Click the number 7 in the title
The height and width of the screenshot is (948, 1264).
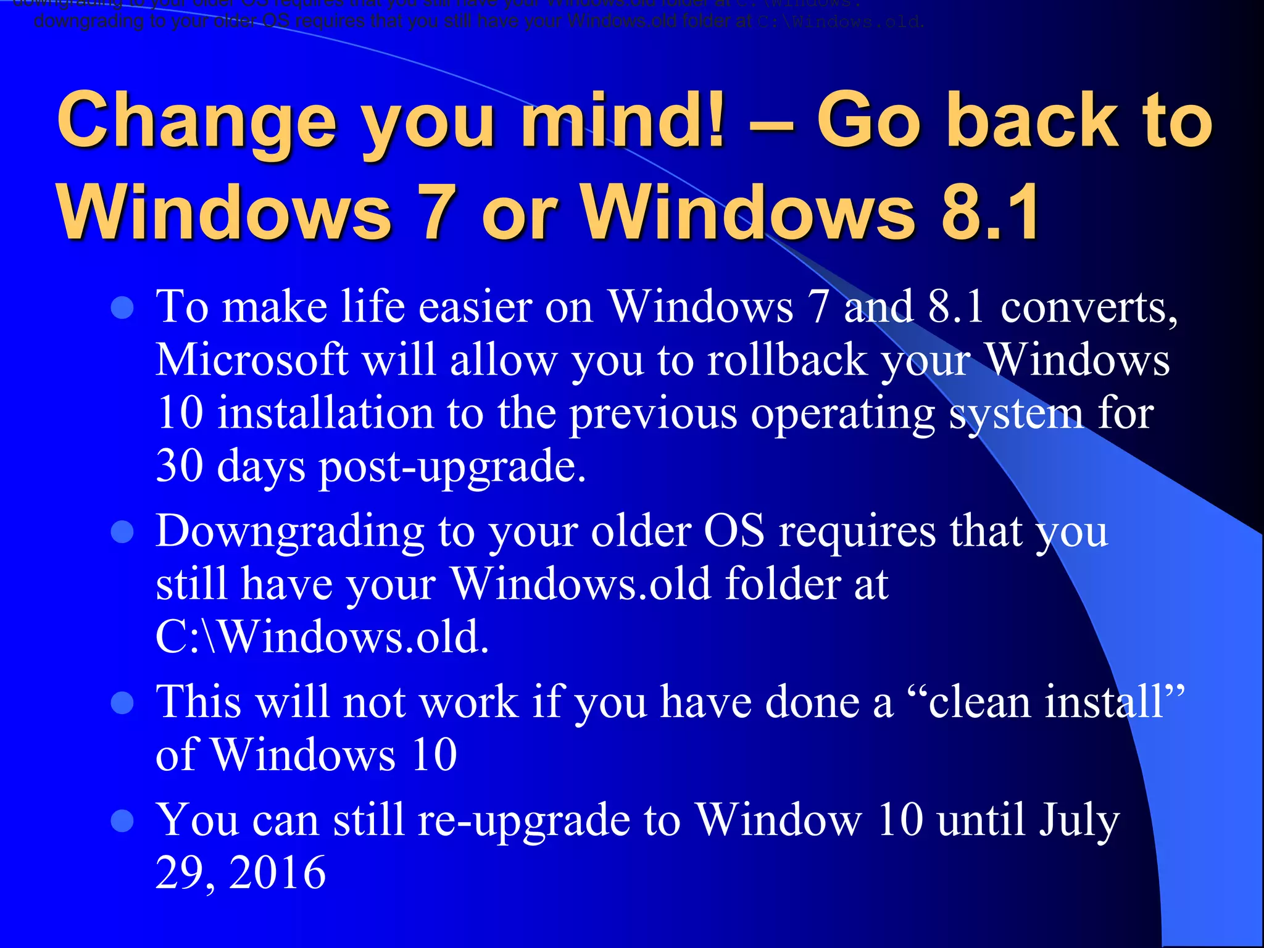click(435, 212)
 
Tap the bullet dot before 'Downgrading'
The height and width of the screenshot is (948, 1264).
click(122, 532)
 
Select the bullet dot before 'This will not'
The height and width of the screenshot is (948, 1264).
click(122, 703)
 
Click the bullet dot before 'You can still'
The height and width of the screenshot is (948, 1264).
click(122, 821)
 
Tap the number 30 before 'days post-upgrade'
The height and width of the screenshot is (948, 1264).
click(179, 466)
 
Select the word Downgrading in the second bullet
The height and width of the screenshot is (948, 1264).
click(289, 533)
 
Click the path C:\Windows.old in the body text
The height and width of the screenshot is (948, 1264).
click(322, 637)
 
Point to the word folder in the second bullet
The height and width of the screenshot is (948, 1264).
click(782, 584)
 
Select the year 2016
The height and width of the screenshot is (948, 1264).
click(277, 873)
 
